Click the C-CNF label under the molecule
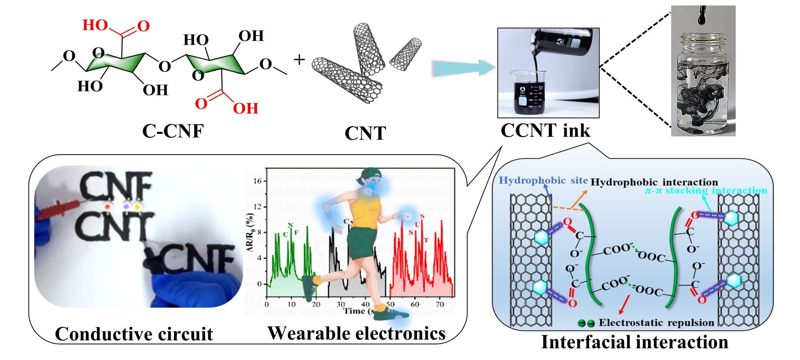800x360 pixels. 173,131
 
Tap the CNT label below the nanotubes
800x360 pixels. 365,134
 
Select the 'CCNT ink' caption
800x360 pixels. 545,130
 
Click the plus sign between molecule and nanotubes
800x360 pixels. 299,60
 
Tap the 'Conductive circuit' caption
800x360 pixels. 134,334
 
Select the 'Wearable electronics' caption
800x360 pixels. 356,333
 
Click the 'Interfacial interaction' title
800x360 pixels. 634,342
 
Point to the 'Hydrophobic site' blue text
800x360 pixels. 543,180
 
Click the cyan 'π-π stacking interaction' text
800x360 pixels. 706,191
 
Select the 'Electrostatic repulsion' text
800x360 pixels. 656,323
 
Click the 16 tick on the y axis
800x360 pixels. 257,181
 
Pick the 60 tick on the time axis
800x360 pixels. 415,305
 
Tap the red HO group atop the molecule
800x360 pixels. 95,25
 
